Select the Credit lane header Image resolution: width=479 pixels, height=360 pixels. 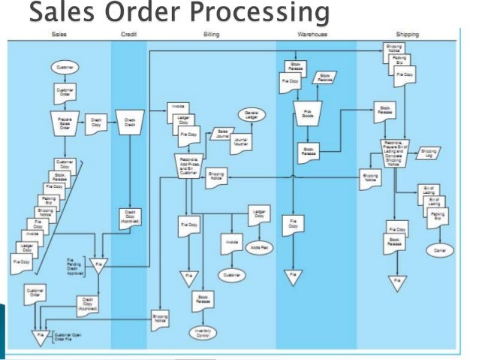point(128,35)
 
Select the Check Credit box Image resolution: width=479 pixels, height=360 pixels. point(131,123)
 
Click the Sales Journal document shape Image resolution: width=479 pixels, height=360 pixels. point(223,134)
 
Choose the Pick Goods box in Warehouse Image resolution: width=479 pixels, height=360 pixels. point(309,113)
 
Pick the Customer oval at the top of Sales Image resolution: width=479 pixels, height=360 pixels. point(65,68)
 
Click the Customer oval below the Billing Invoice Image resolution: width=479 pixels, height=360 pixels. point(231,276)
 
